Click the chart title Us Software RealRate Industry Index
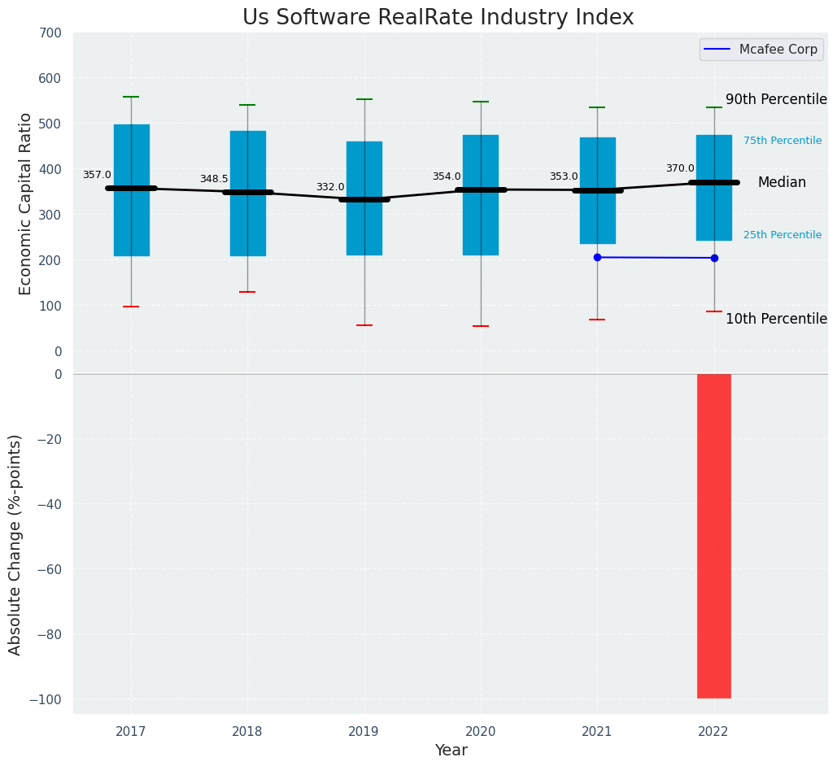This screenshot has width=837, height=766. (438, 18)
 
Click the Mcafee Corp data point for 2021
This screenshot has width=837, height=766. (597, 257)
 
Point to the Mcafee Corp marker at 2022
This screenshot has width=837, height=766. (714, 258)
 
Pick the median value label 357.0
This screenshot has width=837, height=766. (97, 175)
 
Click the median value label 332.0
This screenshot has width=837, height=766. (330, 187)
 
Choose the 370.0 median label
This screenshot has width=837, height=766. (680, 168)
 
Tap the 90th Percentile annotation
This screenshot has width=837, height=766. (776, 99)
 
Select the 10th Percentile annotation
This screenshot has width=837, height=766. (776, 319)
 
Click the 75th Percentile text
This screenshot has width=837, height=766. (783, 141)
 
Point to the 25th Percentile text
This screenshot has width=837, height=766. (783, 235)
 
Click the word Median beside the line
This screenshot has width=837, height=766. (782, 183)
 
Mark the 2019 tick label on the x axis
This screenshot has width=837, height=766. (364, 732)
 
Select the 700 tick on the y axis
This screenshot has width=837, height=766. (50, 33)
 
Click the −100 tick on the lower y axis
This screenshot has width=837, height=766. (46, 699)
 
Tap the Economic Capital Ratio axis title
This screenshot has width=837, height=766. (26, 203)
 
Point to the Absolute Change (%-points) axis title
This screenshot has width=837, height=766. (15, 544)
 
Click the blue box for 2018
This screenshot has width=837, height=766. (248, 194)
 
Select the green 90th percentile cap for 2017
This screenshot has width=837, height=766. (131, 97)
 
